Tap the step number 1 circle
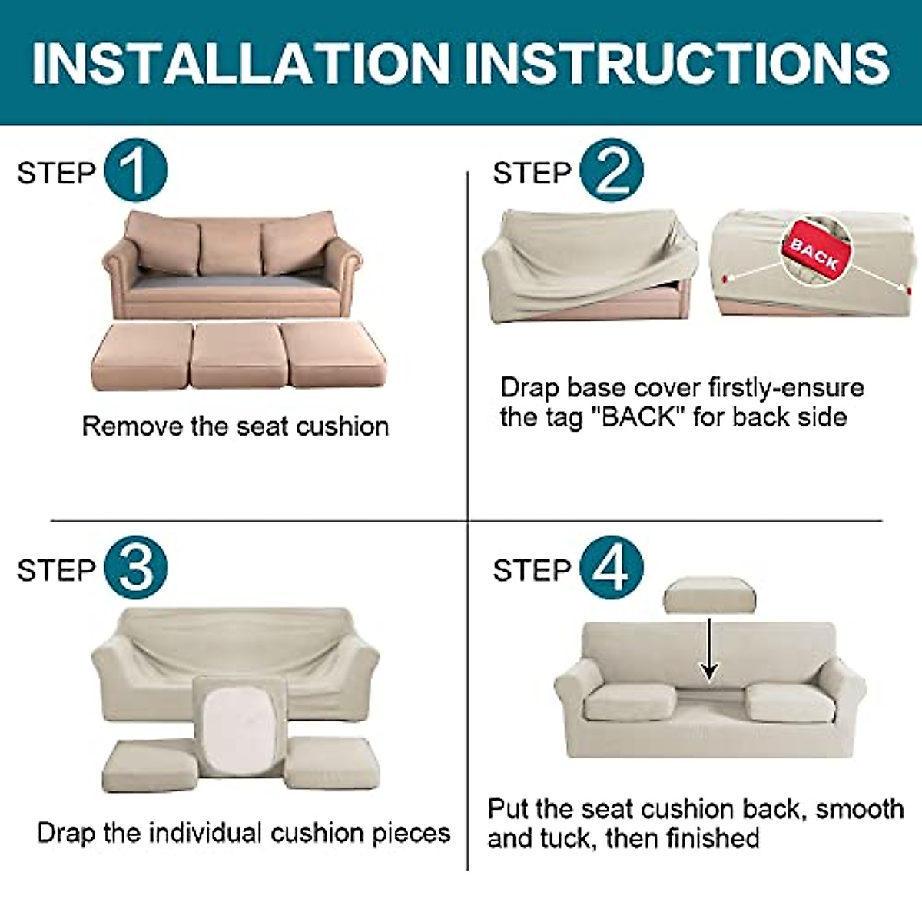(135, 171)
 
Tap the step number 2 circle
(612, 171)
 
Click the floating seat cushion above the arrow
(708, 595)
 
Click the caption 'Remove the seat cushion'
(235, 426)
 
